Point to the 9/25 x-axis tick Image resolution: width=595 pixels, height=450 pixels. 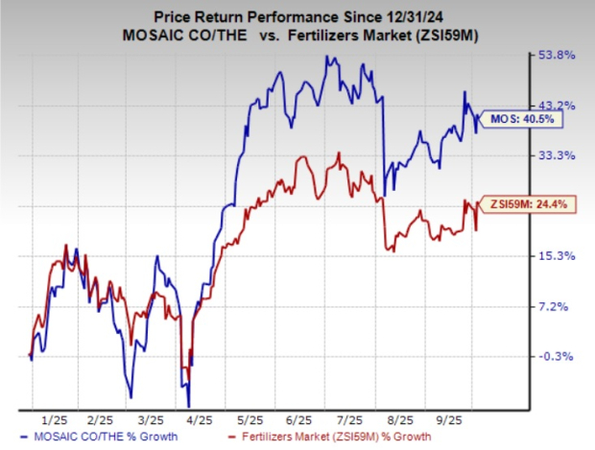pos(448,420)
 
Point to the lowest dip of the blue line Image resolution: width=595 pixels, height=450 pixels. pos(188,404)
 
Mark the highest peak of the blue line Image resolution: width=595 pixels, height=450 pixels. pos(328,58)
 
